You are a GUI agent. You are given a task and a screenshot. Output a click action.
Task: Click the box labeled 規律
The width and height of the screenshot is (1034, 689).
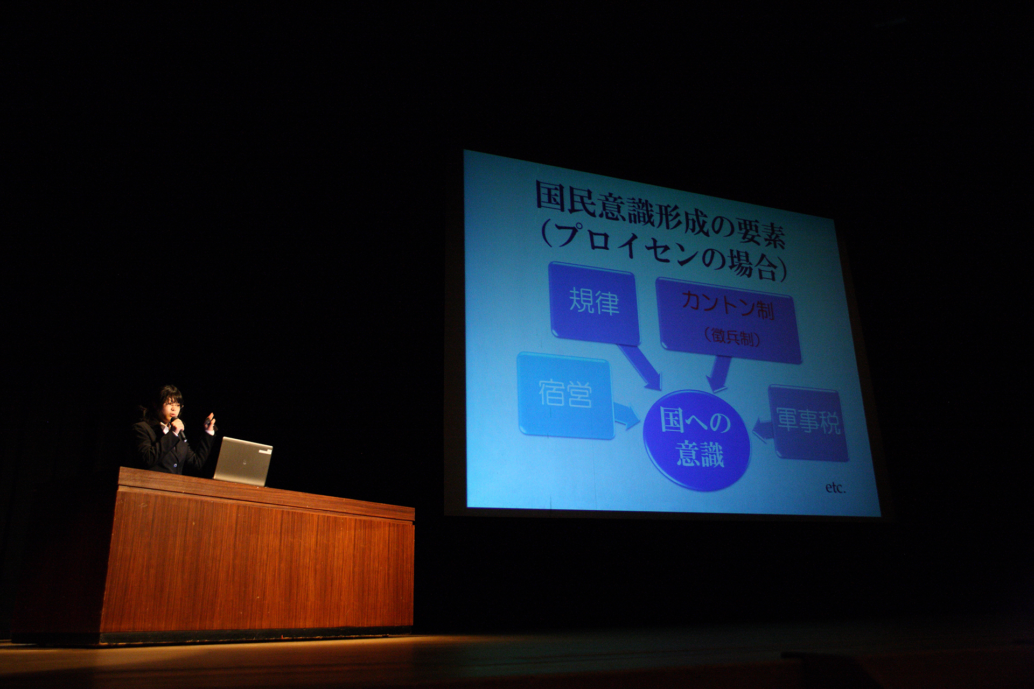(593, 303)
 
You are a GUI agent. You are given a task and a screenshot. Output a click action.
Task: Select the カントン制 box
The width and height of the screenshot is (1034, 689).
(728, 320)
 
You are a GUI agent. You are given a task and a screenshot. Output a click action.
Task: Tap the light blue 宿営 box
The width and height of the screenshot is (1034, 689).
(565, 395)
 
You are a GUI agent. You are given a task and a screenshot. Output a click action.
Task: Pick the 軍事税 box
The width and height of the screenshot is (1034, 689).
(808, 422)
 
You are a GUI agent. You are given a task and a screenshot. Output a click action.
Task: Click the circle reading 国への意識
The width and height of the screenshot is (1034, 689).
(697, 439)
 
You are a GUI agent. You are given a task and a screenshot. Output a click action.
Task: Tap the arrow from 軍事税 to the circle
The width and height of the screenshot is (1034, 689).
(763, 430)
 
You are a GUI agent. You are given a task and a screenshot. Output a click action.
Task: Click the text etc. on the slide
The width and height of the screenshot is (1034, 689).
(835, 488)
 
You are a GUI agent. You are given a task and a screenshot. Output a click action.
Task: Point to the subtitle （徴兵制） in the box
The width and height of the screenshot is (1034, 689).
(732, 338)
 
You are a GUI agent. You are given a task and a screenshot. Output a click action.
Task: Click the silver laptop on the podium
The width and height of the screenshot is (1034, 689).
(243, 460)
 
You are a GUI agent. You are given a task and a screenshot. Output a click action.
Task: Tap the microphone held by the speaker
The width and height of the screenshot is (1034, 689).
(179, 428)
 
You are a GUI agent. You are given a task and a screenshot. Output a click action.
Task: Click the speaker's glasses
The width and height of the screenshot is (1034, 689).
(174, 406)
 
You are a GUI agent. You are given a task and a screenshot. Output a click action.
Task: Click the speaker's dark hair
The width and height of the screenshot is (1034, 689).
(164, 396)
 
